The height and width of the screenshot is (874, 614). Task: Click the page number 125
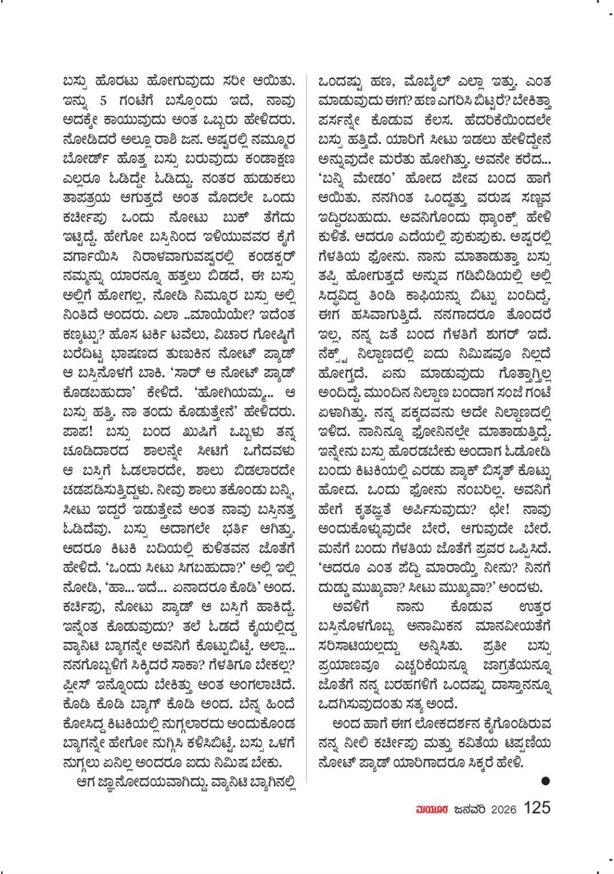pos(537,808)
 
